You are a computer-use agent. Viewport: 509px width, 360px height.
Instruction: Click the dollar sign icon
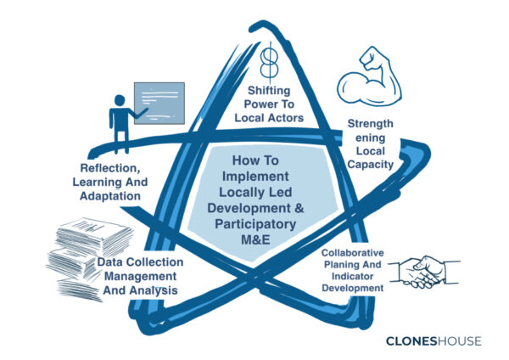[269, 63]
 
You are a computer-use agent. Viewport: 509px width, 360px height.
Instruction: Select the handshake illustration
[424, 273]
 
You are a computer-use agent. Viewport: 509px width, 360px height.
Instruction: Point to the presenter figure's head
[120, 100]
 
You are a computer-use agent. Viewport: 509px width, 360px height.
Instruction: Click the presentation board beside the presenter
[159, 103]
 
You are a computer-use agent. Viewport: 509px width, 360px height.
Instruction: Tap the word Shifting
[269, 91]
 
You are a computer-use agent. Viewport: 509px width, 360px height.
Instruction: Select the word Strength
[371, 123]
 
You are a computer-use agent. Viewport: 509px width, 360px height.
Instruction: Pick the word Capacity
[371, 165]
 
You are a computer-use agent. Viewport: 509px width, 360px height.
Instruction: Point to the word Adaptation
[110, 196]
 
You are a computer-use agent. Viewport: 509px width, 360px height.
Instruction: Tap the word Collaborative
[353, 253]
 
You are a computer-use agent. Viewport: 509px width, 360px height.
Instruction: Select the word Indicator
[353, 277]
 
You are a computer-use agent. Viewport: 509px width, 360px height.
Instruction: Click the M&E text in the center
[255, 239]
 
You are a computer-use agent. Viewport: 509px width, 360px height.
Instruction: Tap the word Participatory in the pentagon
[255, 224]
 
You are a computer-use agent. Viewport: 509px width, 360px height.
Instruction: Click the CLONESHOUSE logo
[433, 341]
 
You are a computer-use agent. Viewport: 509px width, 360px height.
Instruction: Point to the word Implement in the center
[255, 177]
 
